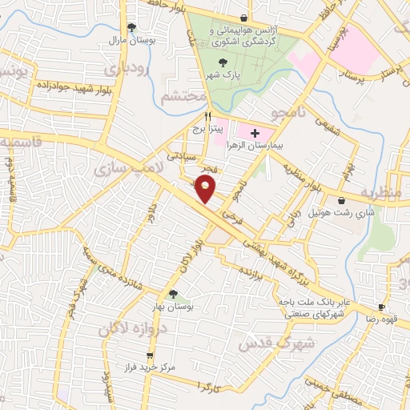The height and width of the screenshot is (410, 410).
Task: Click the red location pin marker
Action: coord(207,188)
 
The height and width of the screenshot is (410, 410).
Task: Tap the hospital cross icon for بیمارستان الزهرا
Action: coord(255,132)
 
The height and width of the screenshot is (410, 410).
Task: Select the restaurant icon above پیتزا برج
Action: coord(207,115)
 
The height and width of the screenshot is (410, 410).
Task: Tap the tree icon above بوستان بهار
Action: coord(174,295)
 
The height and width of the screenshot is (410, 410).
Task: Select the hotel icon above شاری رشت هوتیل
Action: coord(342,200)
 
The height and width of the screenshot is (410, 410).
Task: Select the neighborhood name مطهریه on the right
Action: coord(377,193)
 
